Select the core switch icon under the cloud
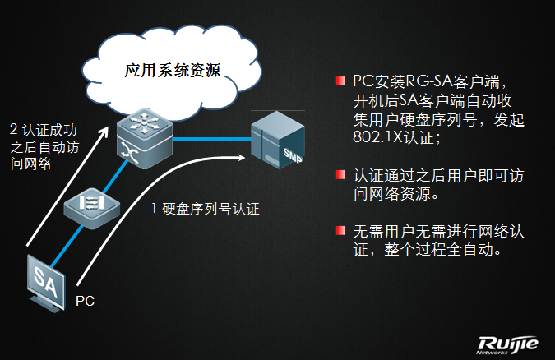143,136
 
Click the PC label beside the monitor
85,301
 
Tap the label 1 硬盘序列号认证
205,209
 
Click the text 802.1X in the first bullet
373,138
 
